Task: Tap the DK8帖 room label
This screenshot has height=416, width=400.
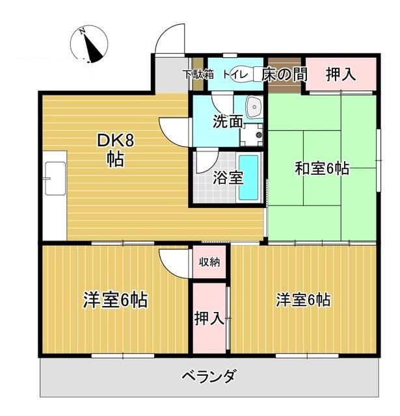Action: tap(115, 149)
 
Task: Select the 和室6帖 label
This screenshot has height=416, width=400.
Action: tap(322, 169)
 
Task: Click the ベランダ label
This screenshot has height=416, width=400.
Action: tap(208, 377)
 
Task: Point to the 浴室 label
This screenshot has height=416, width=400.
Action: tap(228, 177)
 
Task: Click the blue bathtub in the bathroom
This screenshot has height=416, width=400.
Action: tap(249, 177)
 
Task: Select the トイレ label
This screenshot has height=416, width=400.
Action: tap(234, 75)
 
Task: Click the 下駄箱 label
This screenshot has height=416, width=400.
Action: tap(198, 74)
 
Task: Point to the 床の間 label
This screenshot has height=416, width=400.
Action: tap(284, 75)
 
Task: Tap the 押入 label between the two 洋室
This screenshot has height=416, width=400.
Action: tap(209, 318)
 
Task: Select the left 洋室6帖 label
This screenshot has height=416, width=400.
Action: tap(115, 300)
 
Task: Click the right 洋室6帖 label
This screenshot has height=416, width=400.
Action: tap(303, 300)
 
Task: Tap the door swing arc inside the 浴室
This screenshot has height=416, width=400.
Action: tap(207, 159)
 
